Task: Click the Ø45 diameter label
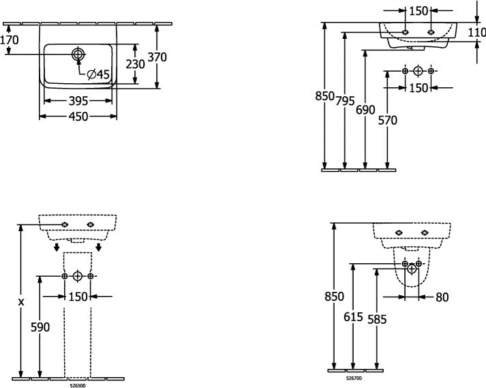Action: pyautogui.click(x=99, y=74)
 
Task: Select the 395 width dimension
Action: pyautogui.click(x=78, y=101)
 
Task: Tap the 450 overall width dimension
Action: pyautogui.click(x=78, y=117)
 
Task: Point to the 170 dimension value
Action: pyautogui.click(x=10, y=40)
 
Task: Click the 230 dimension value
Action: pyautogui.click(x=136, y=64)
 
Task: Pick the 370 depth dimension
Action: pyautogui.click(x=157, y=57)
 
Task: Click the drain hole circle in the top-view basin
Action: pyautogui.click(x=78, y=54)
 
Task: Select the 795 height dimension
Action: pyautogui.click(x=345, y=101)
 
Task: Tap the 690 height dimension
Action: pyautogui.click(x=365, y=110)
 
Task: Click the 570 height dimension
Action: pyautogui.click(x=387, y=120)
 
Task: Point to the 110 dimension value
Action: pyautogui.click(x=476, y=32)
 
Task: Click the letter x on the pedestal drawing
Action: pyautogui.click(x=20, y=302)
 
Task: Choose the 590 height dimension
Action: pyautogui.click(x=40, y=327)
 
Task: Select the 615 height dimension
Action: pyautogui.click(x=353, y=316)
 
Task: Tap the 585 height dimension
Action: pyautogui.click(x=377, y=319)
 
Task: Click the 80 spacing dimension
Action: pyautogui.click(x=442, y=297)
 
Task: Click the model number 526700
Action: pyautogui.click(x=354, y=378)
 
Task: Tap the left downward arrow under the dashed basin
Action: pyautogui.click(x=56, y=248)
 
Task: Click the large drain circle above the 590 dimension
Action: pyautogui.click(x=78, y=275)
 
